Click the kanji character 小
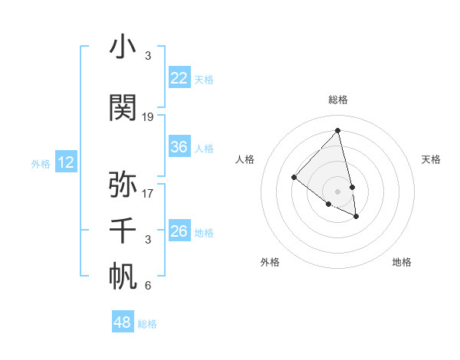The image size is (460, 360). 123,47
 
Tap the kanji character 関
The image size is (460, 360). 123,108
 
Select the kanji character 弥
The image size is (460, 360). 123,185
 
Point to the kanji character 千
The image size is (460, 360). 123,231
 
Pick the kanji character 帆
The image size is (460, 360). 123,277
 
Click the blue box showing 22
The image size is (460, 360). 179,78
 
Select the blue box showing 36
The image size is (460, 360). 179,147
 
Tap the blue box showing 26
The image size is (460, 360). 179,231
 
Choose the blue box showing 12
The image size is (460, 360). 66,162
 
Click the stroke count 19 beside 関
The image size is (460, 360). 148,117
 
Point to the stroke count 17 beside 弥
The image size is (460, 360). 148,194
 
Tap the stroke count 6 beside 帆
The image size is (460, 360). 148,286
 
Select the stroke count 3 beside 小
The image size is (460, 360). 148,57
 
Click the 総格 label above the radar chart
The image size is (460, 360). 337,100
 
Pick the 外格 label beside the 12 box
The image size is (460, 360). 40,163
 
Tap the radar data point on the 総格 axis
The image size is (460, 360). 337,131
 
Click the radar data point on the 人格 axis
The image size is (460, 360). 294,178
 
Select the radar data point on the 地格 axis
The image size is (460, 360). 356,217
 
